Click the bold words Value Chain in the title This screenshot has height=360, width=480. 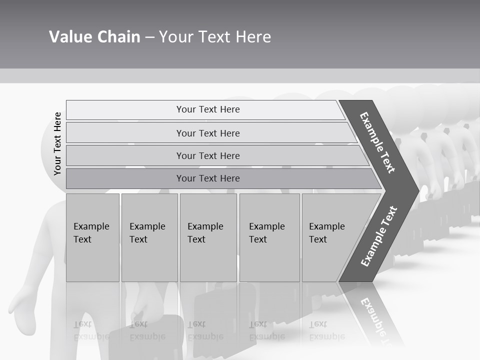pyautogui.click(x=94, y=37)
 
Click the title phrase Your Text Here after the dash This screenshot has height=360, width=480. pyautogui.click(x=215, y=37)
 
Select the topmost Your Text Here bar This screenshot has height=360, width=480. pyautogui.click(x=208, y=109)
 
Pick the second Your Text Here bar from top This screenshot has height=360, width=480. pyautogui.click(x=208, y=133)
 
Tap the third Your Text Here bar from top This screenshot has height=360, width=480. pyautogui.click(x=208, y=156)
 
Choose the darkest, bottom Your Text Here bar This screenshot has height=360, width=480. pyautogui.click(x=208, y=178)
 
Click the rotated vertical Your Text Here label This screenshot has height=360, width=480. pyautogui.click(x=58, y=143)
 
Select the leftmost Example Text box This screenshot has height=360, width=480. pyautogui.click(x=92, y=237)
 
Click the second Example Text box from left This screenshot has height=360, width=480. pyautogui.click(x=148, y=237)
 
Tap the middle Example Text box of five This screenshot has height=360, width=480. pyautogui.click(x=207, y=237)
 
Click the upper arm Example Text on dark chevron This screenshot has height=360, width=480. pyautogui.click(x=378, y=142)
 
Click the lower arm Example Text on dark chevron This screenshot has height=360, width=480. pyautogui.click(x=378, y=236)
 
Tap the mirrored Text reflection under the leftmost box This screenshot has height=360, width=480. pyautogui.click(x=83, y=324)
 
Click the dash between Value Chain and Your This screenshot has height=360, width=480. pyautogui.click(x=149, y=37)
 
